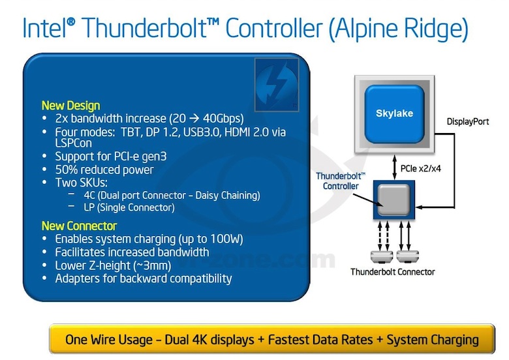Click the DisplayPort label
pos(468,122)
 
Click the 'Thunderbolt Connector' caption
pos(393,271)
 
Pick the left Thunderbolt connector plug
pos(379,256)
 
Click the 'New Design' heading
pos(70,105)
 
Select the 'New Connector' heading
pos(80,226)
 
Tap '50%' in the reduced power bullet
pos(67,170)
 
